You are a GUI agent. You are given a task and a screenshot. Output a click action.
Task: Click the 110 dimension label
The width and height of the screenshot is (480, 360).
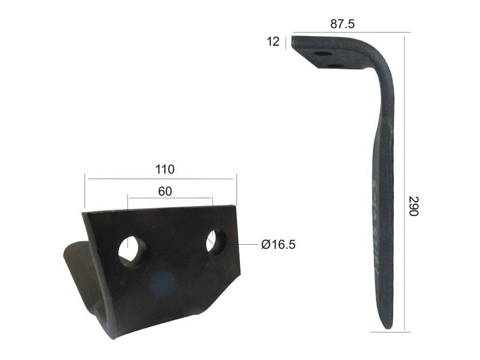pyautogui.click(x=161, y=169)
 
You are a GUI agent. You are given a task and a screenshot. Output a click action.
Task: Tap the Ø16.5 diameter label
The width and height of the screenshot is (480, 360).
pyautogui.click(x=278, y=244)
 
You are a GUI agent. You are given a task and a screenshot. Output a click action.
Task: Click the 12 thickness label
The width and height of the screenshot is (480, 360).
pyautogui.click(x=274, y=41)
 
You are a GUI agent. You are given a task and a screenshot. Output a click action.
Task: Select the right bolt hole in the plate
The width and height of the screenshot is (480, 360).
pyautogui.click(x=216, y=241)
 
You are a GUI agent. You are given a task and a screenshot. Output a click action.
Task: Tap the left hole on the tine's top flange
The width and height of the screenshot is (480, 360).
pyautogui.click(x=322, y=53)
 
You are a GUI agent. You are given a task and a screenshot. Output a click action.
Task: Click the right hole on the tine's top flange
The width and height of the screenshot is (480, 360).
pyautogui.click(x=337, y=65)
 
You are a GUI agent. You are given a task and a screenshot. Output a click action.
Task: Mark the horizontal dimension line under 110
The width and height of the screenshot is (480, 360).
pyautogui.click(x=161, y=178)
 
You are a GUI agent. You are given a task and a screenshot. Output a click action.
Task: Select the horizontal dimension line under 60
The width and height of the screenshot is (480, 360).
pyautogui.click(x=169, y=199)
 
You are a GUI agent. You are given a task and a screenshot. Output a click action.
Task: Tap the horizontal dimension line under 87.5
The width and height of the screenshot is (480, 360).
pyautogui.click(x=351, y=32)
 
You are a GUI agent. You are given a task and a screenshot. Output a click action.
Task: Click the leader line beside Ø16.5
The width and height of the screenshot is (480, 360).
pyautogui.click(x=248, y=244)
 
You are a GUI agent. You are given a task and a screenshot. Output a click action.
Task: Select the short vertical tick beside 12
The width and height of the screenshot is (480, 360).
pyautogui.click(x=287, y=42)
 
